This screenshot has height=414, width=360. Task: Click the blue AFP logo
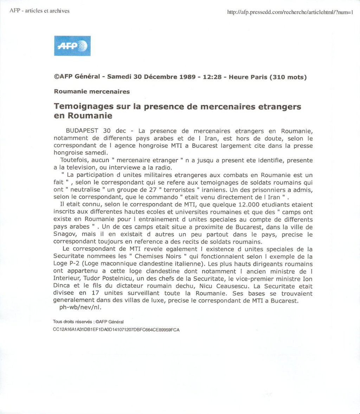tap(72, 46)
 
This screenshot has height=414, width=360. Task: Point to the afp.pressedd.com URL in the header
tap(290, 13)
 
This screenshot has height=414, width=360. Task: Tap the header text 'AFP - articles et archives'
tap(39, 11)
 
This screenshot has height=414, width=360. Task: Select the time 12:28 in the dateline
tap(212, 77)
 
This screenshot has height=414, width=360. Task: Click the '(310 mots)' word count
tap(288, 77)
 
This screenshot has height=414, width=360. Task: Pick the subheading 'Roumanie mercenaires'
tap(92, 92)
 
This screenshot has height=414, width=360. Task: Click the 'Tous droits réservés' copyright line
tap(88, 322)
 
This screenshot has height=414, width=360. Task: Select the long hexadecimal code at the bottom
tap(116, 330)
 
